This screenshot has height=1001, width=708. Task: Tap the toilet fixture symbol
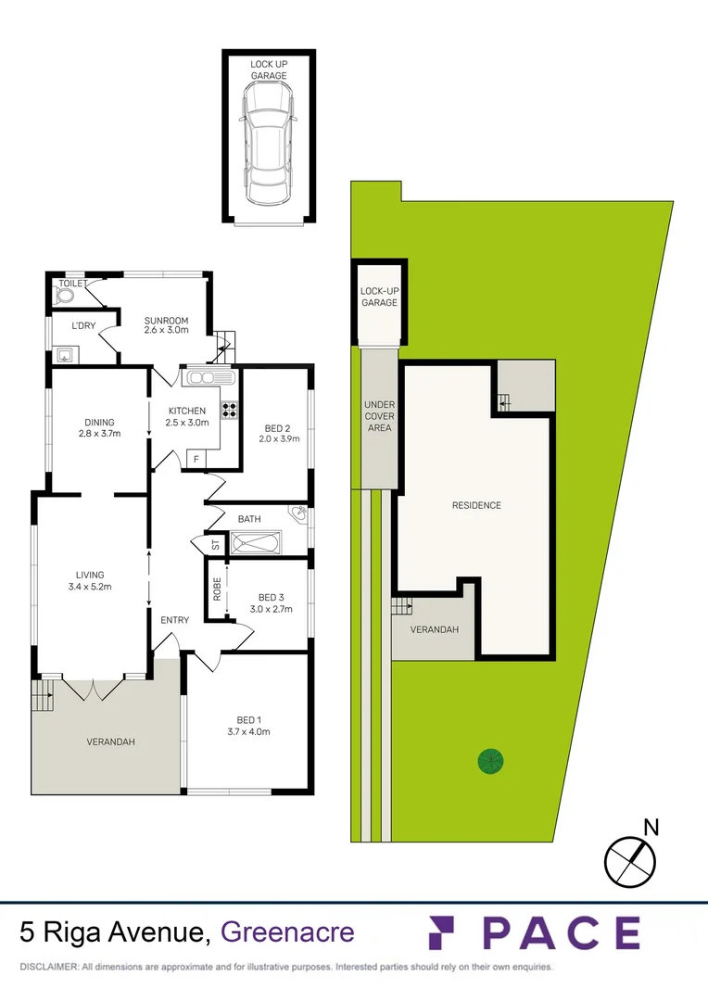coord(65,296)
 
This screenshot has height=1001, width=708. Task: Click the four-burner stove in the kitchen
coord(228,409)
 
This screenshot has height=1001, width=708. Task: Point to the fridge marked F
coord(196,458)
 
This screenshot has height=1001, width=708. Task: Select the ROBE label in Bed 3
coord(217,590)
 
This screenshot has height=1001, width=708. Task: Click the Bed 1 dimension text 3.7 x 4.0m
coord(248,731)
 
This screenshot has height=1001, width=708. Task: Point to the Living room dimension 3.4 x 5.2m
coord(91,586)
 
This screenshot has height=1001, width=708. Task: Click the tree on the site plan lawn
coord(490,761)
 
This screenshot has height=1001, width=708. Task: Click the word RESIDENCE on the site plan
coord(476,505)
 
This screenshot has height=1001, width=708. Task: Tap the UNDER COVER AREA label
coord(378,416)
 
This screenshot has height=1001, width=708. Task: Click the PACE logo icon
coord(446,931)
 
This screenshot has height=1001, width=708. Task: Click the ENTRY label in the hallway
coord(175,619)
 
